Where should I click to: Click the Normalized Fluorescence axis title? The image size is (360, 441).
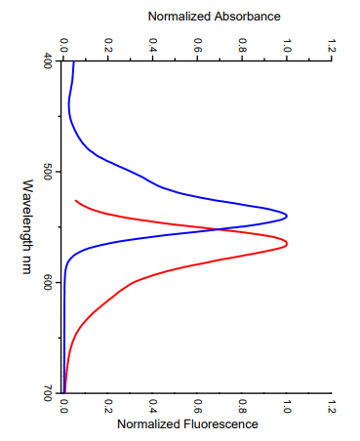point(187,424)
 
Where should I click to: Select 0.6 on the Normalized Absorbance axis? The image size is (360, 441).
point(197,45)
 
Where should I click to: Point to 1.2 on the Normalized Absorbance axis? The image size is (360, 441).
point(332,45)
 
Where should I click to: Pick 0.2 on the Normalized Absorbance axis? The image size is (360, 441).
point(108,45)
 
